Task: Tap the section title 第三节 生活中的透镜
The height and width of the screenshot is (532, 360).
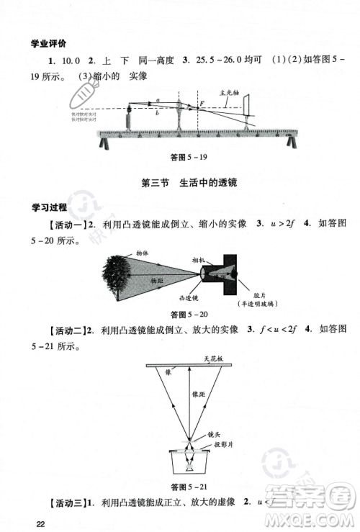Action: (x=189, y=183)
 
